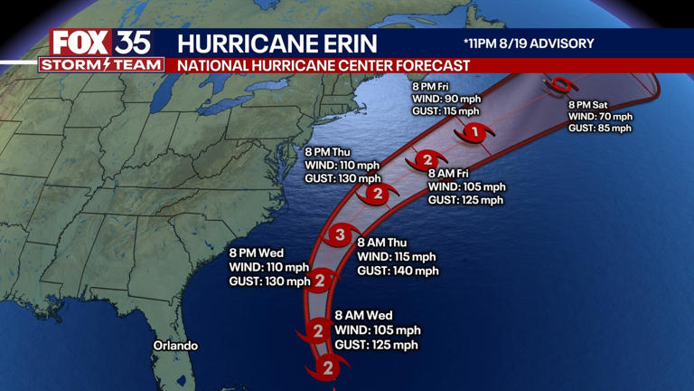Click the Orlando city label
pos(175,346)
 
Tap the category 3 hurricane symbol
pos(340,236)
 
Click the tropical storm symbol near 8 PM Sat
pos(561,86)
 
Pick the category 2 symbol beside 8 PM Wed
pos(319,281)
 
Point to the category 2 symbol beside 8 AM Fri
pos(428,161)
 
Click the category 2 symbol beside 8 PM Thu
pos(378,194)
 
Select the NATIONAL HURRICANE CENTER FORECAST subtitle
pos(324,66)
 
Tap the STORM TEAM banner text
pos(101,65)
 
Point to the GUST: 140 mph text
pos(398,271)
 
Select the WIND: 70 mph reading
pos(600,117)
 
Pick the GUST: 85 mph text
pos(599,129)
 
